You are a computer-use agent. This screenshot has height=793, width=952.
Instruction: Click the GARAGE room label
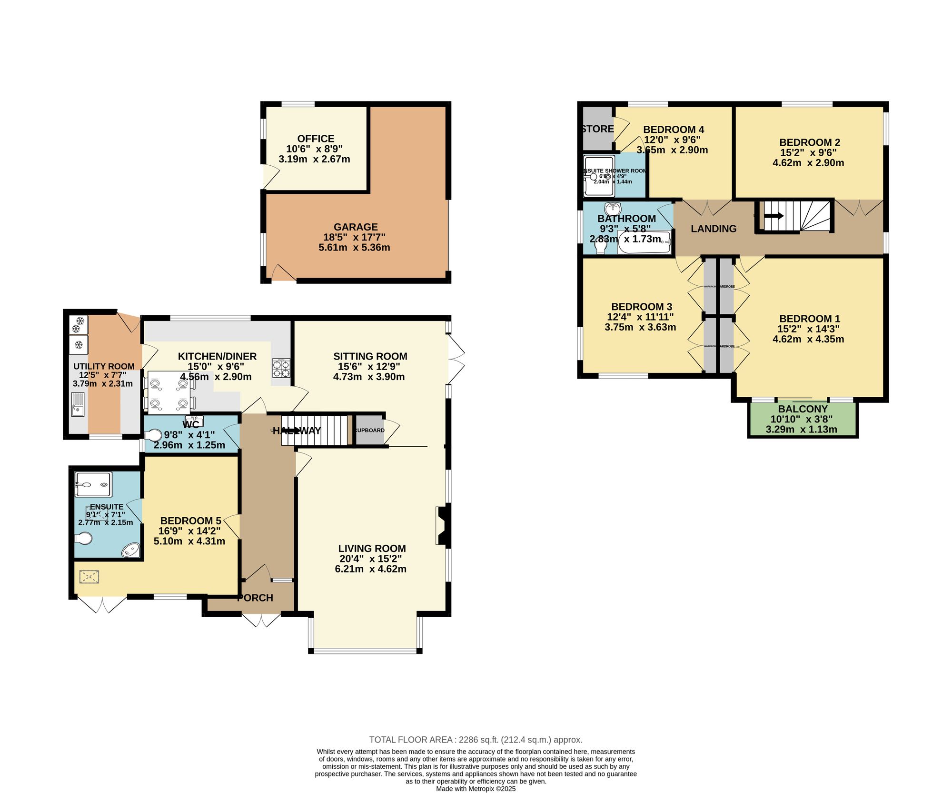356,227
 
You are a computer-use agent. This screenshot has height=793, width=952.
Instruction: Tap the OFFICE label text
316,139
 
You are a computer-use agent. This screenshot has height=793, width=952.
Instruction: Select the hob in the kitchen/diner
281,368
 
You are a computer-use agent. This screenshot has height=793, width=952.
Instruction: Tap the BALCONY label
803,409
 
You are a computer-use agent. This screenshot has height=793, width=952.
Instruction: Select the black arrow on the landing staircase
774,216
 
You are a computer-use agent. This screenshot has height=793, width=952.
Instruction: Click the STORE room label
598,129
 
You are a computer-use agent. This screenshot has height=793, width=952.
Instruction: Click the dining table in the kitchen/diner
169,393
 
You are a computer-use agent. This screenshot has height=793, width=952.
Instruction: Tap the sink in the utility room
78,404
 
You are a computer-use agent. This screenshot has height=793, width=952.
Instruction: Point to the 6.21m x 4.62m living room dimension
371,569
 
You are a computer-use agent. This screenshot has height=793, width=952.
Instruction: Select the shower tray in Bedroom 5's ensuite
93,484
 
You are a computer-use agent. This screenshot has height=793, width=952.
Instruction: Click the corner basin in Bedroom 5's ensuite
131,551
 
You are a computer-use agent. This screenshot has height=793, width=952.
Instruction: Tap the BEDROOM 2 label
809,142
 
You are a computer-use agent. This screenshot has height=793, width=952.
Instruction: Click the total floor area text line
476,740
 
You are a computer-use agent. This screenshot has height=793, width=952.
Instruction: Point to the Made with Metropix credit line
476,789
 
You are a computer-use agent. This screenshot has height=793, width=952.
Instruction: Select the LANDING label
713,229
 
